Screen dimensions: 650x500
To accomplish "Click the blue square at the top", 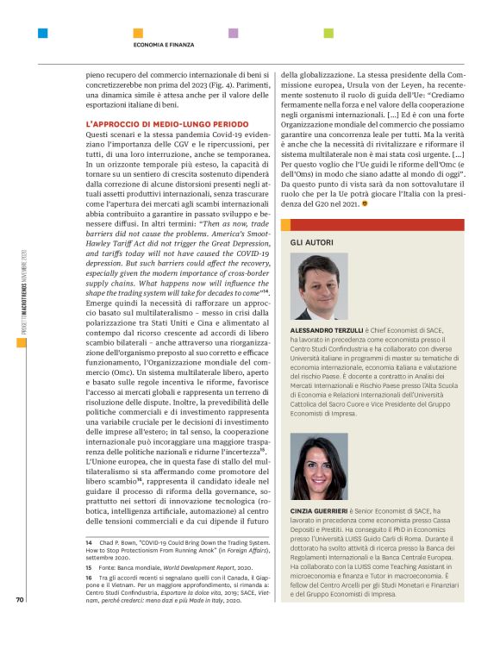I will coord(42,33).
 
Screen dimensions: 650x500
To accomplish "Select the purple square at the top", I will coord(233,33).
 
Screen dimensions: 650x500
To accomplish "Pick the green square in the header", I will coord(328,33).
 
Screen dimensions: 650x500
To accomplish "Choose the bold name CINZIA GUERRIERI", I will coord(321,511).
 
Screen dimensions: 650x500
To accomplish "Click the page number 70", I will coord(20,624).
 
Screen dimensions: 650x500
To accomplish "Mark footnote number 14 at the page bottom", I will coord(89,542).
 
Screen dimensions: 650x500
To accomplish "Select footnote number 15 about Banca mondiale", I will coord(89,569).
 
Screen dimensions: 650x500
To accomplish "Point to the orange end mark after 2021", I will coord(364,203).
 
